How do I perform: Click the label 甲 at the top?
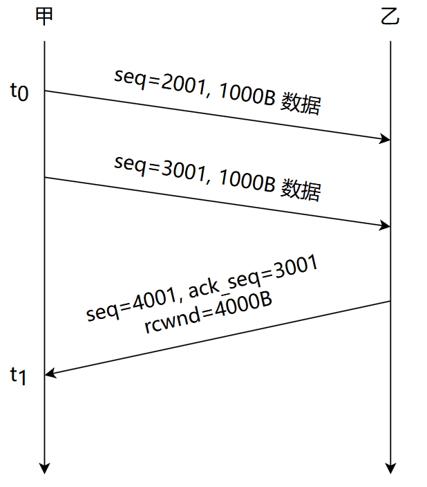[x=44, y=17]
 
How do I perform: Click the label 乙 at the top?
[x=390, y=17]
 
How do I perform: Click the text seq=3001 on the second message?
[x=158, y=167]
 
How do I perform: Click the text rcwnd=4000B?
[x=207, y=313]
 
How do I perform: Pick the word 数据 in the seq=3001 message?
[x=301, y=189]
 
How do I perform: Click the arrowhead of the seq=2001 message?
[x=386, y=139]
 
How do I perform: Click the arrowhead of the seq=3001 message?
[x=386, y=226]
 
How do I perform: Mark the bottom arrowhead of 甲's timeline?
[x=45, y=468]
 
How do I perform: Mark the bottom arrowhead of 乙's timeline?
[x=391, y=468]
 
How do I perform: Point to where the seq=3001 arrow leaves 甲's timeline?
[x=45, y=178]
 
